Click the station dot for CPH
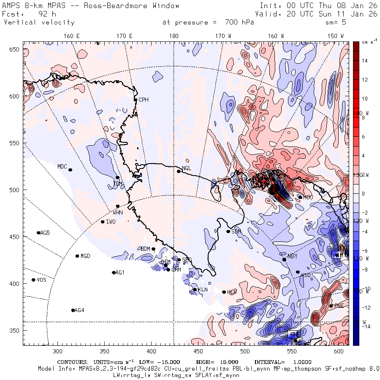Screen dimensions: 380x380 [136, 100]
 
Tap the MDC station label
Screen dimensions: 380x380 [62, 166]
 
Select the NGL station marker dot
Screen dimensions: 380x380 [179, 171]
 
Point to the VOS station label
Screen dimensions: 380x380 [41, 280]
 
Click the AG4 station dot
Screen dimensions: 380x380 [73, 310]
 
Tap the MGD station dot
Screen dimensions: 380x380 [77, 256]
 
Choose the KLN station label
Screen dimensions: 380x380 [203, 290]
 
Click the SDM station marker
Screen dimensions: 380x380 [228, 231]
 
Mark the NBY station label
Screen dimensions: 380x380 [292, 256]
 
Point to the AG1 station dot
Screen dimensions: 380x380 [114, 272]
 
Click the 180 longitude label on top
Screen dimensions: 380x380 [174, 36]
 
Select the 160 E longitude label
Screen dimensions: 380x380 [72, 36]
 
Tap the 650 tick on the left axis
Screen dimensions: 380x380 [15, 50]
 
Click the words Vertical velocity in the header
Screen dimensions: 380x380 [39, 22]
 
